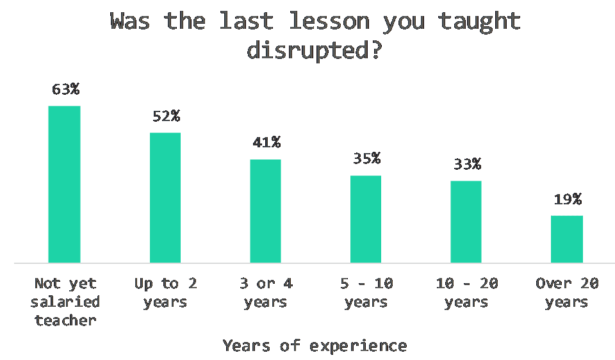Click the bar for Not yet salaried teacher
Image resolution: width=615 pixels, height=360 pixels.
click(x=64, y=184)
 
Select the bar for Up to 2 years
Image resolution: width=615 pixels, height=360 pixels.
click(x=165, y=198)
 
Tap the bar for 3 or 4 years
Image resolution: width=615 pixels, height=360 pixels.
click(x=265, y=211)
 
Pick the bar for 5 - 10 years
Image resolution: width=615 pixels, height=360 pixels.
click(x=366, y=219)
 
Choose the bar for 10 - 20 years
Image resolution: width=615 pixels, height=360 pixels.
click(x=466, y=222)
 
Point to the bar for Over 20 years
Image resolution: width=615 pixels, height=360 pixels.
click(x=567, y=239)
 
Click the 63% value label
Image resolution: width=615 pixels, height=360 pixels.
click(x=65, y=90)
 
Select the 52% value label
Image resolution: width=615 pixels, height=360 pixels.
click(x=167, y=116)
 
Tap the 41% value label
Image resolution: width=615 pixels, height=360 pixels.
click(x=266, y=142)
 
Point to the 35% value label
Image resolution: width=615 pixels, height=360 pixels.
click(x=366, y=158)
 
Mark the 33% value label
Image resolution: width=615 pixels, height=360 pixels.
click(x=467, y=164)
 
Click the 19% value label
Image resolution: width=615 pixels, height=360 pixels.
click(x=568, y=199)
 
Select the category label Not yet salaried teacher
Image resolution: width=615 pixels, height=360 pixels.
click(x=65, y=302)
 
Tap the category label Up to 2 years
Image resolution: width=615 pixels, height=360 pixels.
click(x=165, y=293)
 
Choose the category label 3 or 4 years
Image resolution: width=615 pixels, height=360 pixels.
click(x=266, y=293)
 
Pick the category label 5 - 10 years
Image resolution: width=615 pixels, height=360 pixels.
click(x=366, y=293)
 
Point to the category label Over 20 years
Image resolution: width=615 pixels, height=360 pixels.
click(x=567, y=293)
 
